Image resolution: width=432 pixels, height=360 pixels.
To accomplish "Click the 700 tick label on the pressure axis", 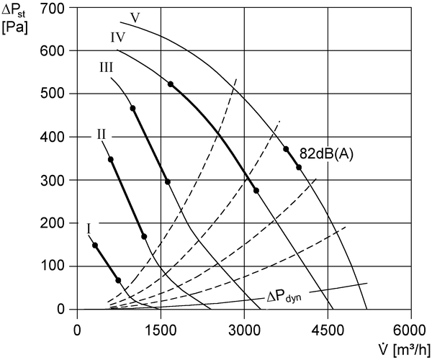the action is pyautogui.click(x=53, y=9).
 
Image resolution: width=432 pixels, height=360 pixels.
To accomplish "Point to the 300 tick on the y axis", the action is pyautogui.click(x=53, y=180).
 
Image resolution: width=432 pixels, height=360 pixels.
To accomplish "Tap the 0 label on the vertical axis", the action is pyautogui.click(x=60, y=310).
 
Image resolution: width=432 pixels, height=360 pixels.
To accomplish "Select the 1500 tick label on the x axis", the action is pyautogui.click(x=161, y=330).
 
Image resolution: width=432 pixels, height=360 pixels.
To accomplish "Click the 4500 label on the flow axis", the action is pyautogui.click(x=328, y=330).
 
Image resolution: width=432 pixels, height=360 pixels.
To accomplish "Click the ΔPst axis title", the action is pyautogui.click(x=14, y=12).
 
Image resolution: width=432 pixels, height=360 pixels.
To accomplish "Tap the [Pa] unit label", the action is pyautogui.click(x=14, y=28).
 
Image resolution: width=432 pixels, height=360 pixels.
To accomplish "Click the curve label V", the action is pyautogui.click(x=135, y=18).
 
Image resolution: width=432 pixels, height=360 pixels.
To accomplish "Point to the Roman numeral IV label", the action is pyautogui.click(x=118, y=37).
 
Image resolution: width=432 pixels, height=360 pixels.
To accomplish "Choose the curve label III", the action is pyautogui.click(x=107, y=68).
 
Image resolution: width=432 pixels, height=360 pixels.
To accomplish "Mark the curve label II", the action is pyautogui.click(x=101, y=135).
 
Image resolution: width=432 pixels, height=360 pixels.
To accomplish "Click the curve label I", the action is pyautogui.click(x=89, y=229).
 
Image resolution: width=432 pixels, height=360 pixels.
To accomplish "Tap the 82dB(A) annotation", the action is pyautogui.click(x=326, y=154).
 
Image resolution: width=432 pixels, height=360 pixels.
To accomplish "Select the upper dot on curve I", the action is pyautogui.click(x=95, y=245).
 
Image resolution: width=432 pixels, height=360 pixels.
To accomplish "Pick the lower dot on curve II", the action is pyautogui.click(x=144, y=237).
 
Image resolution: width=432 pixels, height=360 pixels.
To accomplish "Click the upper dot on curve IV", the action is pyautogui.click(x=171, y=84).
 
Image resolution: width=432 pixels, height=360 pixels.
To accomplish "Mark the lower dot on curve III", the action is pyautogui.click(x=168, y=181).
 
